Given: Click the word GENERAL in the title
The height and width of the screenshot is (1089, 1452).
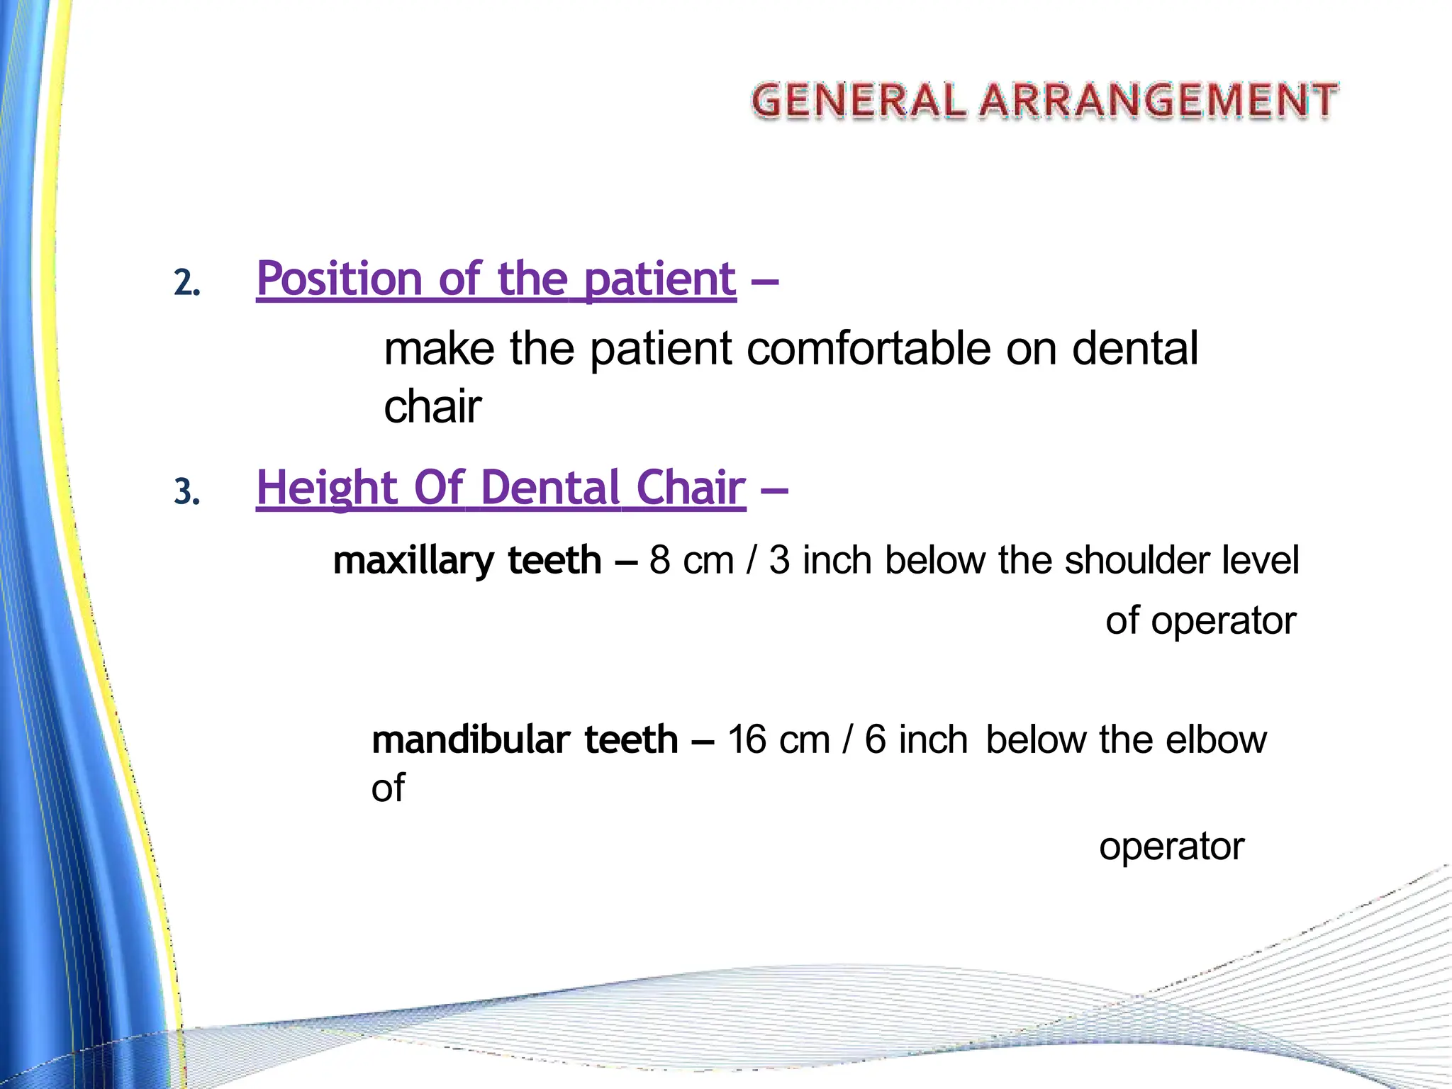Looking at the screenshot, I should point(858,100).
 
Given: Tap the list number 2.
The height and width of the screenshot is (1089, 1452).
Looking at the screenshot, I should point(186,283).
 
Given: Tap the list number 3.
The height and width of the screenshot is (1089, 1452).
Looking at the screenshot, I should point(186,492).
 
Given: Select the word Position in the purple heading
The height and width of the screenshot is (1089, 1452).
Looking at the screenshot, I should point(339,279).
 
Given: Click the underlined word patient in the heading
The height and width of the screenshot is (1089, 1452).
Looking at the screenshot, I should point(660,279).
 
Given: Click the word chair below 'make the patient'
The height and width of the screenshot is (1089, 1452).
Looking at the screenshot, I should point(432,407).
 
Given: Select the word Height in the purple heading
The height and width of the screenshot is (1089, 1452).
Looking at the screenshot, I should point(326,488).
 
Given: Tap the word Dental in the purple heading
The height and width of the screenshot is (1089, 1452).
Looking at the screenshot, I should point(550,488).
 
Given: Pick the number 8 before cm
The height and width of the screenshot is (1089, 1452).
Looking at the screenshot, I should point(659,560).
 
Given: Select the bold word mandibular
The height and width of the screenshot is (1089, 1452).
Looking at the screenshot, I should point(471,739).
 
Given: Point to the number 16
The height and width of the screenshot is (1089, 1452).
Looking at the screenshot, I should point(747,739).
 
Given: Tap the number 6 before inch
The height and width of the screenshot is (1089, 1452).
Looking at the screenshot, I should point(875,739).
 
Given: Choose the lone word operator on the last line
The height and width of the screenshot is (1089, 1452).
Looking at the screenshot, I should point(1171,846).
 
